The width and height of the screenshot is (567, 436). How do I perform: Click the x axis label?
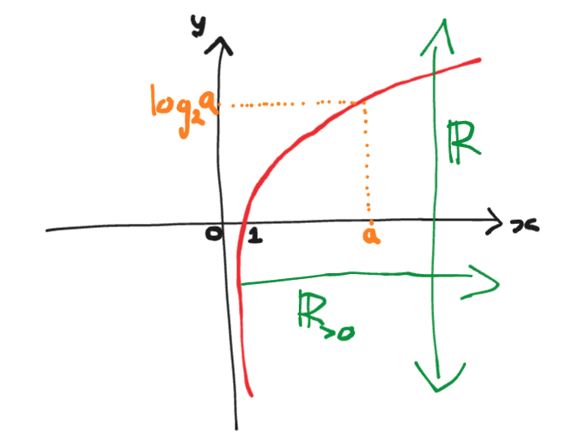tap(524, 226)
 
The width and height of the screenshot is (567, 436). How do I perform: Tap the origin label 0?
tap(214, 237)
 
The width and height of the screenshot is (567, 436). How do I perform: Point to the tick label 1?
tap(254, 238)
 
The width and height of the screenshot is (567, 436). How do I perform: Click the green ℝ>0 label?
tap(327, 312)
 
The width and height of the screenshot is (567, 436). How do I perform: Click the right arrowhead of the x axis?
tap(499, 226)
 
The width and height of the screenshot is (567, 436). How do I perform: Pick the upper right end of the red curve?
tap(480, 59)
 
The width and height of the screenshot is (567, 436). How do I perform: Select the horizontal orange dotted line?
tap(292, 105)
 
